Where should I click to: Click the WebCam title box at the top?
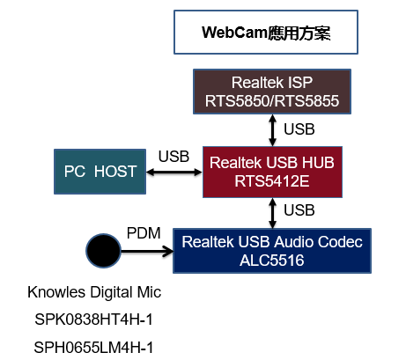(266, 33)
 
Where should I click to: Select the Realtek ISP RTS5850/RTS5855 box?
(272, 92)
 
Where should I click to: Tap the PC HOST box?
(100, 172)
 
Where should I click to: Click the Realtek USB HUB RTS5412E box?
(272, 172)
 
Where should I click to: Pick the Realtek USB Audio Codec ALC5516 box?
(272, 251)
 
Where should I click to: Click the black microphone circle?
(103, 251)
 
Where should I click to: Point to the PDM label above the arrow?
(144, 233)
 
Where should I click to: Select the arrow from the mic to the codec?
(147, 251)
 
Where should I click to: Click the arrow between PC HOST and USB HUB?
(174, 173)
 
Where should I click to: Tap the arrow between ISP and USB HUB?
(273, 130)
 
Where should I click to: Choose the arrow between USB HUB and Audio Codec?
(273, 213)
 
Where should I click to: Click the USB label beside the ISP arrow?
(299, 129)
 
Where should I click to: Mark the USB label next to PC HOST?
(173, 157)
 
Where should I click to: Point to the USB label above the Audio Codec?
(299, 210)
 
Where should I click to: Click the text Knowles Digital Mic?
(94, 292)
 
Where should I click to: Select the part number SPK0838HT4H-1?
(94, 320)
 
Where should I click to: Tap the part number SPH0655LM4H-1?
(93, 348)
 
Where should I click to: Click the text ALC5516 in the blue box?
(272, 261)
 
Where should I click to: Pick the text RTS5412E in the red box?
(272, 181)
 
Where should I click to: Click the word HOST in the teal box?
(115, 172)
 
